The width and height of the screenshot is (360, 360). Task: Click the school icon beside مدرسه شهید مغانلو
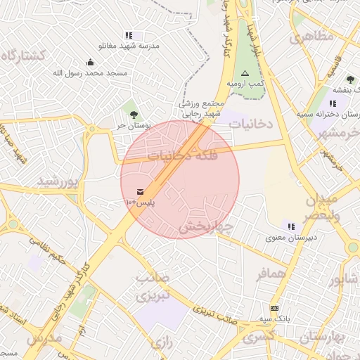pos(128,34)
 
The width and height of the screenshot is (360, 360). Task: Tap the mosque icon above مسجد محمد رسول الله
pos(90,63)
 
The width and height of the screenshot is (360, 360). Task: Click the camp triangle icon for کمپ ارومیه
pos(245,73)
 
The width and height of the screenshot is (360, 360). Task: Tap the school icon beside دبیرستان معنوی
pos(291,226)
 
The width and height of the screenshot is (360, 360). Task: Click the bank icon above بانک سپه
pos(274,307)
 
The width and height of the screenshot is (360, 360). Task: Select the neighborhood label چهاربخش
pos(205,226)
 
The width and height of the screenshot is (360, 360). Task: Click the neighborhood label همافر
pos(271,273)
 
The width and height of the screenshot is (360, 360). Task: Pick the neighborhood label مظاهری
pos(311,37)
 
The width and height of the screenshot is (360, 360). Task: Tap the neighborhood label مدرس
pos(44,338)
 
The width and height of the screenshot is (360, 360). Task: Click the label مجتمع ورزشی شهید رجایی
pos(202,108)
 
